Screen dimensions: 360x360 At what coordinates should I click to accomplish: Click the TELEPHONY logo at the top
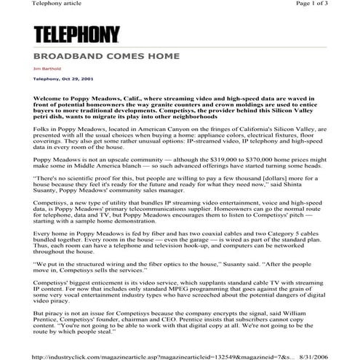(76, 33)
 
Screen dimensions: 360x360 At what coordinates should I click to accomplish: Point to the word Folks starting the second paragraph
(43, 127)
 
